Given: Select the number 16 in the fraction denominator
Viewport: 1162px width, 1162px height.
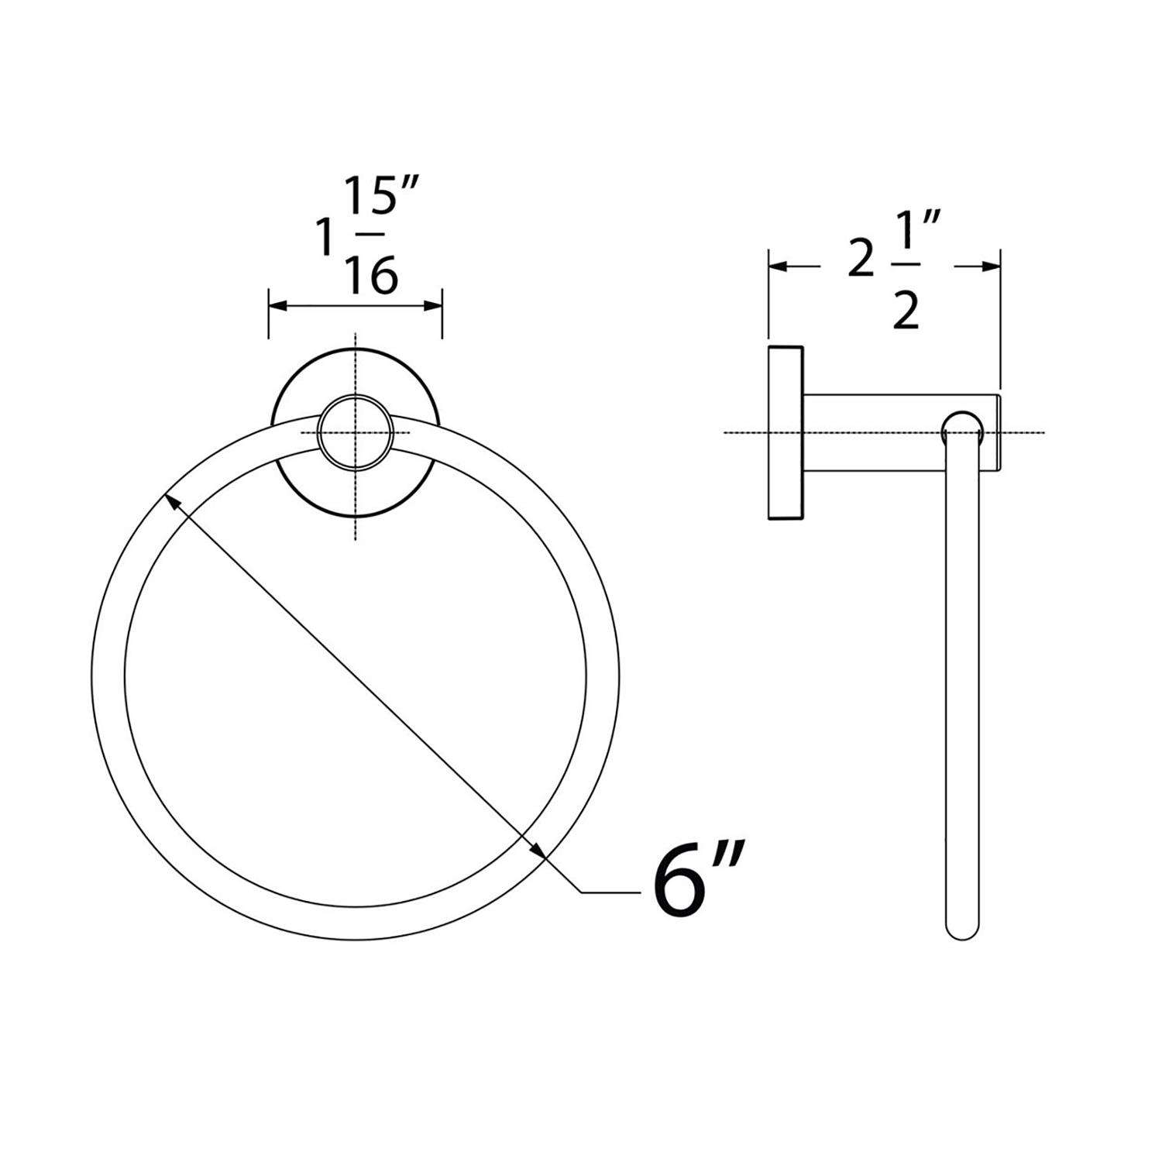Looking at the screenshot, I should coord(372,273).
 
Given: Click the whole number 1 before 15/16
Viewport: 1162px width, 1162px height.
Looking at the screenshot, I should coord(325,237).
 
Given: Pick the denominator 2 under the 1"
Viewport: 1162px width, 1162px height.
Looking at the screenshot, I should coord(905,312).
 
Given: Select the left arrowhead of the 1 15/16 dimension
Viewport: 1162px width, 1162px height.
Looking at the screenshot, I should coord(276,307).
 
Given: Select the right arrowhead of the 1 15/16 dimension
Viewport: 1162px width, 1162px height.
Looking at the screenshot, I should coord(435,307).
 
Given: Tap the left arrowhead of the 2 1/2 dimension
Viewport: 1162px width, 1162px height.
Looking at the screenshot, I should coord(777,267).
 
